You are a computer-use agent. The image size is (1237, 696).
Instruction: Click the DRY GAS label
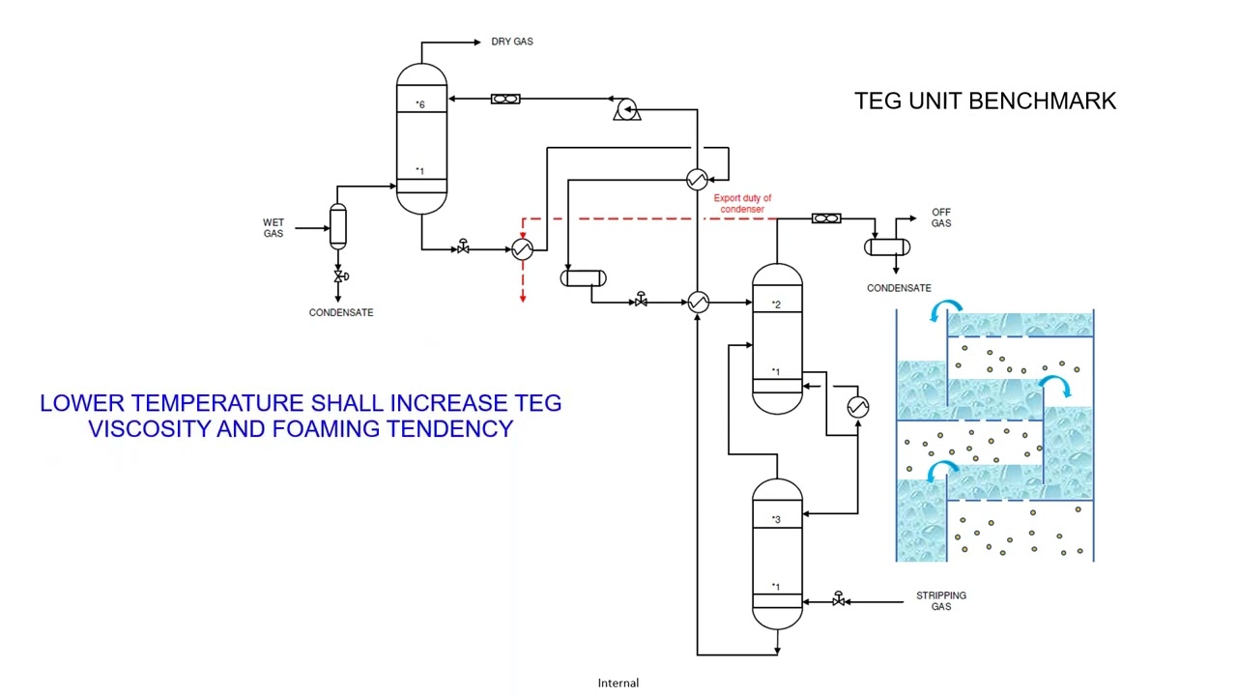click(511, 42)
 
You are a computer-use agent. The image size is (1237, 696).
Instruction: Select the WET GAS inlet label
click(273, 228)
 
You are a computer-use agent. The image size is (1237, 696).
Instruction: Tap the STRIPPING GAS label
click(940, 601)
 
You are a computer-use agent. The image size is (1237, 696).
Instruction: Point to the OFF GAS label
click(940, 217)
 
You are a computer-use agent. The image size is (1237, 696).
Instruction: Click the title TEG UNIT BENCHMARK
click(985, 101)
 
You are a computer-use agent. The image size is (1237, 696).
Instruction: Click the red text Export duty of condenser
click(742, 204)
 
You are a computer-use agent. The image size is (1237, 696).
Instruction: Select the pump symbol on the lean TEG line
click(625, 110)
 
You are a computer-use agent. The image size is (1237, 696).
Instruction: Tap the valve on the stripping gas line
click(838, 600)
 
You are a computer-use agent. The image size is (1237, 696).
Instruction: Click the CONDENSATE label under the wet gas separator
click(340, 312)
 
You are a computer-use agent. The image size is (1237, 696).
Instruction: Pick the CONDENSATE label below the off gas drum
click(899, 288)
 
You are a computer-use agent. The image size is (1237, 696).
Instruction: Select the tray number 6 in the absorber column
click(420, 104)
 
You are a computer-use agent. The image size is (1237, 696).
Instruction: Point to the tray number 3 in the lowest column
click(775, 520)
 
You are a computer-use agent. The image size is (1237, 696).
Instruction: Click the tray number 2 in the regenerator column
click(775, 305)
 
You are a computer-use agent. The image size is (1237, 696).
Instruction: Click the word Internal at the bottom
click(618, 682)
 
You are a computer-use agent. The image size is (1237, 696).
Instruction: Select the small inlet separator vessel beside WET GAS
click(337, 227)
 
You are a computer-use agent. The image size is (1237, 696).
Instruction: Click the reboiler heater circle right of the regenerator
click(857, 407)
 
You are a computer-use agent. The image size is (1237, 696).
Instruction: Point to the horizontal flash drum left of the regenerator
click(584, 278)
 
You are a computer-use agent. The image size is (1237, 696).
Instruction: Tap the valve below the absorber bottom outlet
click(463, 248)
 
